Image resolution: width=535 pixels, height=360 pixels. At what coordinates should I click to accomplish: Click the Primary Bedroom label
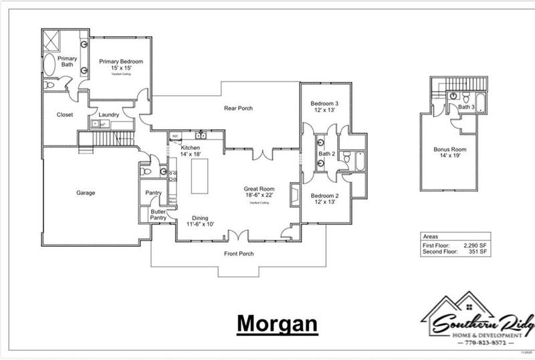click(x=121, y=62)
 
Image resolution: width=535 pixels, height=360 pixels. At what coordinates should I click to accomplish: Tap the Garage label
click(x=85, y=193)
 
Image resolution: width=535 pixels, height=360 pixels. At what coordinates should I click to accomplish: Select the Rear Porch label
click(x=238, y=108)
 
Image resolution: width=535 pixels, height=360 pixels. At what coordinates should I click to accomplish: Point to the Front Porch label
click(x=238, y=254)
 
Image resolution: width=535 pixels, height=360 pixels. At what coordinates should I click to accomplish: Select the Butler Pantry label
click(x=158, y=215)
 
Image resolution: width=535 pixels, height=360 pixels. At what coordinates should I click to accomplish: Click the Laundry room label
click(x=108, y=114)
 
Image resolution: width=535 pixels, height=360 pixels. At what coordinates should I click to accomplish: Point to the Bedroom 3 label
click(x=324, y=103)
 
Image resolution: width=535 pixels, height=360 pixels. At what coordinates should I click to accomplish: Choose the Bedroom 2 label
click(x=324, y=196)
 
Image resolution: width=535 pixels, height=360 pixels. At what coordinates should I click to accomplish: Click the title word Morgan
click(x=276, y=323)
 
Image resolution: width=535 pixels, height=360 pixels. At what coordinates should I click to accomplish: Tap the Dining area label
click(x=200, y=218)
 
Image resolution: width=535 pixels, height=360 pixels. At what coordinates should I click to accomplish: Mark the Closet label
click(x=65, y=114)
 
